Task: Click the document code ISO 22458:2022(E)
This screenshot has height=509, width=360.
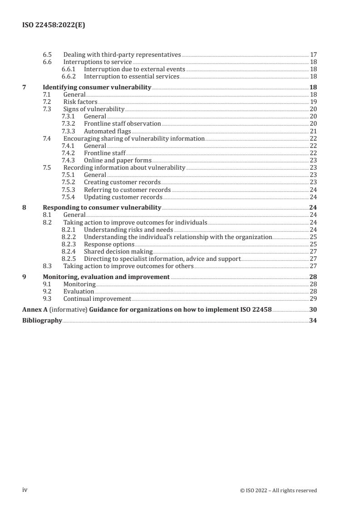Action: tap(54, 26)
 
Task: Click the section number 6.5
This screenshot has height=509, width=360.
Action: tap(47, 55)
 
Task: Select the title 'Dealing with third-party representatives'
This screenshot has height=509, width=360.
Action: tap(122, 55)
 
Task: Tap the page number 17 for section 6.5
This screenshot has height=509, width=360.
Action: tap(313, 55)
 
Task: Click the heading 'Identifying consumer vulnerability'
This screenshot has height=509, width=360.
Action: tap(97, 87)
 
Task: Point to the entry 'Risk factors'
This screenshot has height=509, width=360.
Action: tap(80, 102)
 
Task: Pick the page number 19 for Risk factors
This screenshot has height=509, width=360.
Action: tap(313, 102)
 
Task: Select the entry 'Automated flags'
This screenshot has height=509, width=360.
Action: tap(107, 131)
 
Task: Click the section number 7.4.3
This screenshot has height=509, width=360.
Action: tap(69, 160)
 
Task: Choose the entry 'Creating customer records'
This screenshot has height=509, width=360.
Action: tap(122, 182)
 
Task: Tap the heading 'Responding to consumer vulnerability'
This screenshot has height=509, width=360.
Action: tap(102, 208)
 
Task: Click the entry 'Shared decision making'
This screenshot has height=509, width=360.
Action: tap(118, 251)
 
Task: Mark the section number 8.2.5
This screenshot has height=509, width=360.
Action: tap(69, 259)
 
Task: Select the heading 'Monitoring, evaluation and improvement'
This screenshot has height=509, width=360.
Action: tap(106, 277)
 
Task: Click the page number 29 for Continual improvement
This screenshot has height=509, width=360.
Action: tap(313, 299)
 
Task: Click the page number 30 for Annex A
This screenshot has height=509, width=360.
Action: tap(313, 309)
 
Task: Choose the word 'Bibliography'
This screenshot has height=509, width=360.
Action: tap(42, 320)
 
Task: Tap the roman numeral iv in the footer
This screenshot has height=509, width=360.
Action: tap(25, 490)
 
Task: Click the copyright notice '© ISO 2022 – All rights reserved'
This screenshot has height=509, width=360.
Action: tap(278, 490)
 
